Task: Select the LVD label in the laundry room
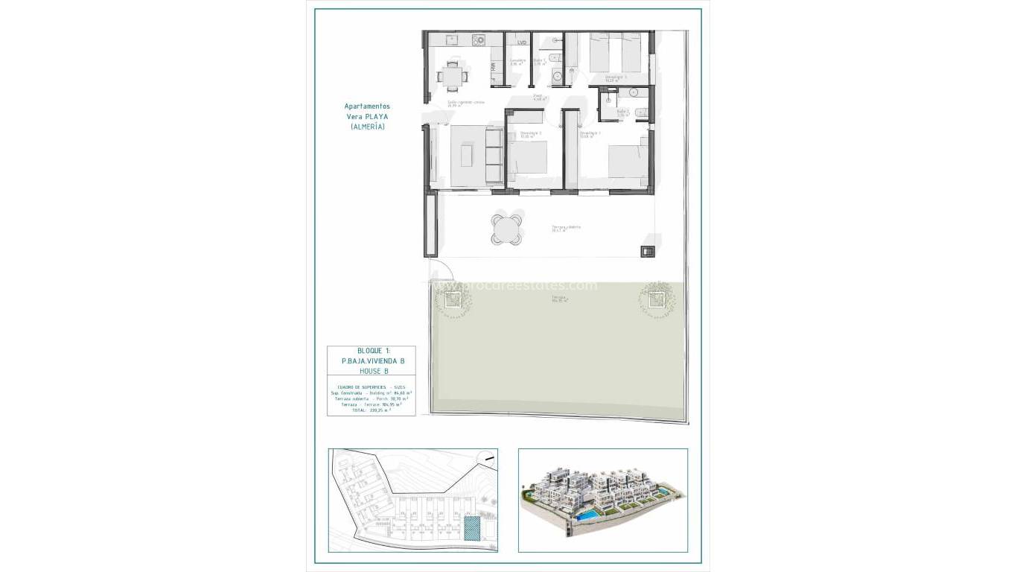click(x=521, y=42)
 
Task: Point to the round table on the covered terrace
click(x=507, y=228)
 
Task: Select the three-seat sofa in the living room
click(x=494, y=155)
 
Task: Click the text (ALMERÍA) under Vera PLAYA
click(x=367, y=127)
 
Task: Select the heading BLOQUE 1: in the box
click(x=371, y=351)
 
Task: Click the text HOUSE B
click(x=372, y=371)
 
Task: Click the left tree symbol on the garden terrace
click(x=451, y=300)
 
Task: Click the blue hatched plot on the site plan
click(x=471, y=528)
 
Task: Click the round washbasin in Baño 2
click(x=634, y=92)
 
